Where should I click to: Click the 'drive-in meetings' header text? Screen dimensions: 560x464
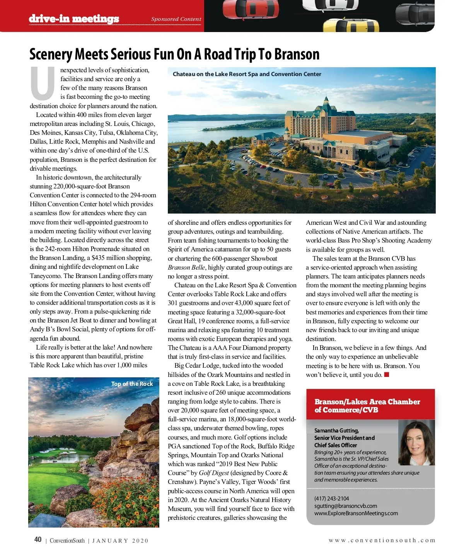click(x=74, y=19)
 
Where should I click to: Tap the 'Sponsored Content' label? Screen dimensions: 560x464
click(x=176, y=19)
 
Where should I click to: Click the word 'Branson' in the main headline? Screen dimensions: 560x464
click(x=297, y=54)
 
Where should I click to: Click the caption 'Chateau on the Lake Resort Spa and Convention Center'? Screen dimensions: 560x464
click(x=247, y=74)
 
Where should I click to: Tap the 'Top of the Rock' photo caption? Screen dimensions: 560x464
click(x=132, y=384)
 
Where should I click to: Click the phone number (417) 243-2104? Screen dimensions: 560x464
click(x=331, y=499)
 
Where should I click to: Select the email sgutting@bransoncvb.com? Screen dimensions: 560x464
click(x=345, y=506)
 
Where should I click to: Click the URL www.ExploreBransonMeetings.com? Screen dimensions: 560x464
click(x=356, y=513)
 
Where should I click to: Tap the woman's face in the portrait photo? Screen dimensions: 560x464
click(x=416, y=441)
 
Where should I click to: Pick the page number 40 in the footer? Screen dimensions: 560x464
click(x=38, y=540)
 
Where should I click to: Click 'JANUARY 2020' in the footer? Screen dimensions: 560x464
click(x=120, y=541)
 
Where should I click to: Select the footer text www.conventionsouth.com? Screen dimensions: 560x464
click(x=382, y=540)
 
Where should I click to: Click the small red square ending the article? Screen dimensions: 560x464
click(x=386, y=374)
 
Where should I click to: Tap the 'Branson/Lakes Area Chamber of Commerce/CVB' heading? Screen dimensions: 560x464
click(x=367, y=406)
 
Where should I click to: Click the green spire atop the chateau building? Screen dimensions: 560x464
click(x=326, y=100)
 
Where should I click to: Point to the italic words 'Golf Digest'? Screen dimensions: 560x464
click(x=214, y=473)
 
